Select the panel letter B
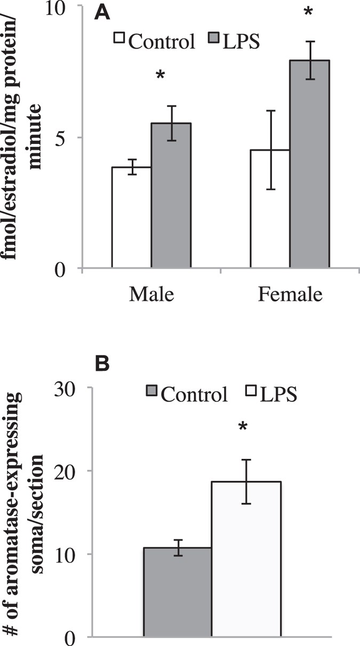pyautogui.click(x=103, y=364)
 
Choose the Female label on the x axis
pyautogui.click(x=290, y=295)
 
